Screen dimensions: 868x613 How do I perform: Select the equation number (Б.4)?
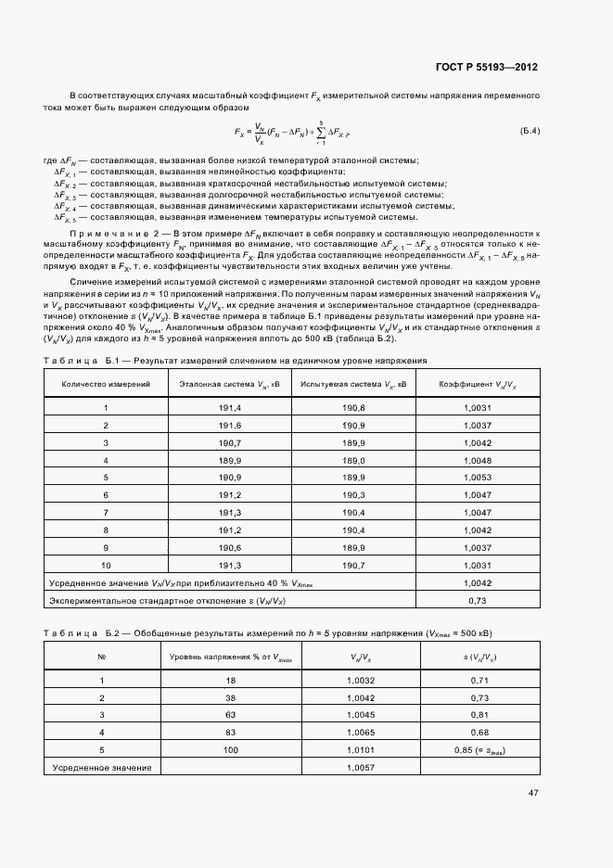[x=529, y=129]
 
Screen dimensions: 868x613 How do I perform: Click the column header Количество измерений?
[x=106, y=383]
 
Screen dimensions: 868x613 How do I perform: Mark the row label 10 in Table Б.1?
[x=106, y=564]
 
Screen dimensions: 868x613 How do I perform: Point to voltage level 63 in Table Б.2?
[x=230, y=715]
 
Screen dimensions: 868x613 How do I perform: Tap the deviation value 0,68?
[x=479, y=733]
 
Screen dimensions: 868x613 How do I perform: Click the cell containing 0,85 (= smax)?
[x=479, y=749]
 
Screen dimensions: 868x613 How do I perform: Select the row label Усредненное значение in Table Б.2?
[x=102, y=768]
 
